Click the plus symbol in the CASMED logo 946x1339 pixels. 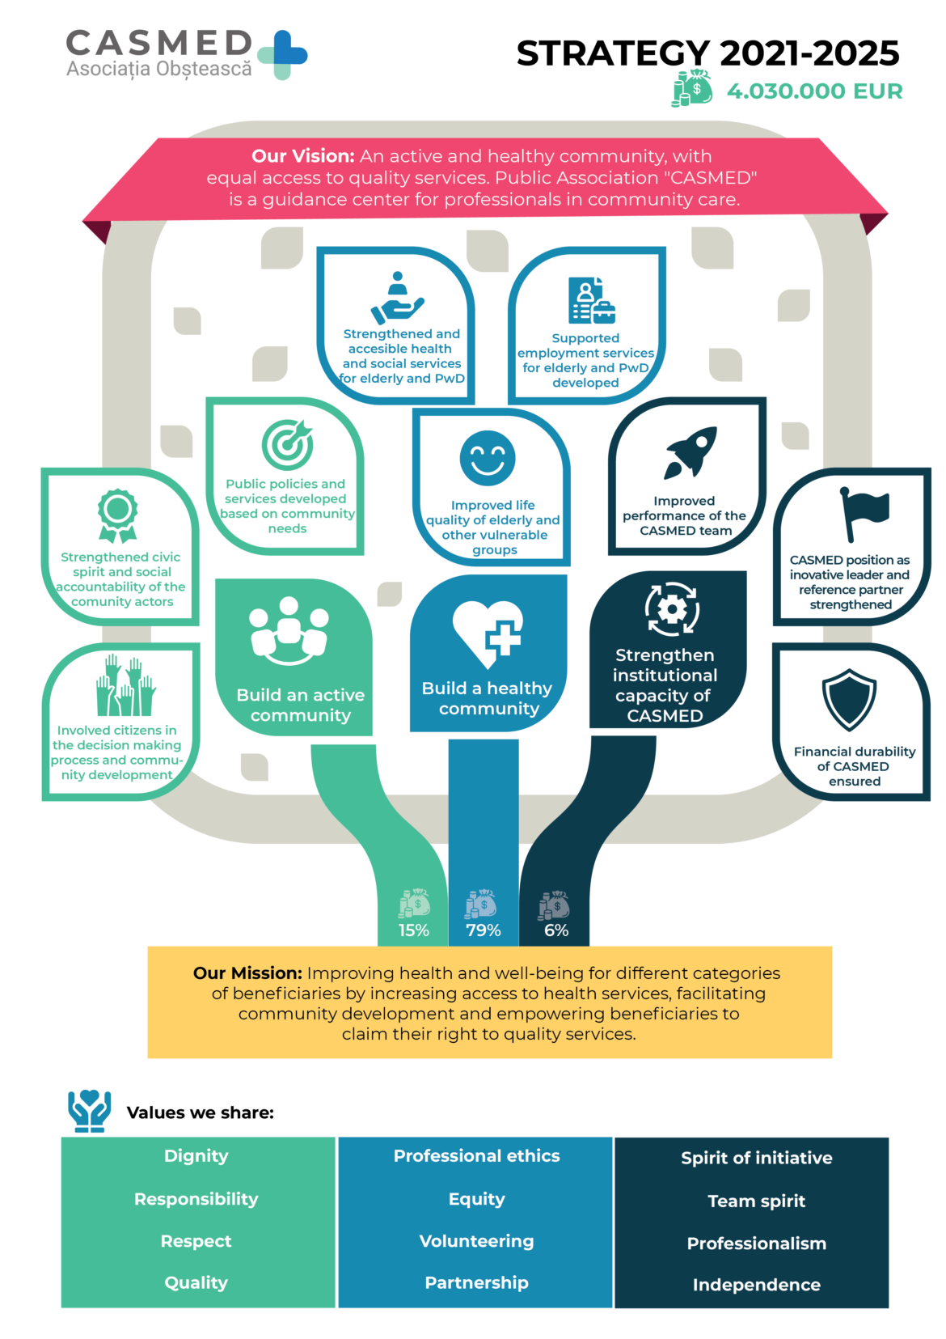click(283, 54)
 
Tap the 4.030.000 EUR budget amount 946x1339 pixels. click(814, 91)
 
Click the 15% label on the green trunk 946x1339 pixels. click(414, 930)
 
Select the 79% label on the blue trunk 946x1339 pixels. click(484, 930)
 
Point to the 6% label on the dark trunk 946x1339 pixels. click(556, 930)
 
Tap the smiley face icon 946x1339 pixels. click(488, 458)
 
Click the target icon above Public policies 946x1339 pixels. click(287, 444)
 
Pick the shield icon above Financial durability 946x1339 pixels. click(849, 700)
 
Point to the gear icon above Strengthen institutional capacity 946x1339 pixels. click(672, 608)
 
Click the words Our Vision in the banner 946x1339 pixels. click(302, 156)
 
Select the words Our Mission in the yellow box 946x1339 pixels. click(247, 973)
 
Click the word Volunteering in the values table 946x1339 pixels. click(476, 1241)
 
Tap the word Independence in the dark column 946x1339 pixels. click(756, 1285)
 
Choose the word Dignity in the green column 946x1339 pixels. click(196, 1156)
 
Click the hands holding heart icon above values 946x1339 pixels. click(90, 1110)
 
